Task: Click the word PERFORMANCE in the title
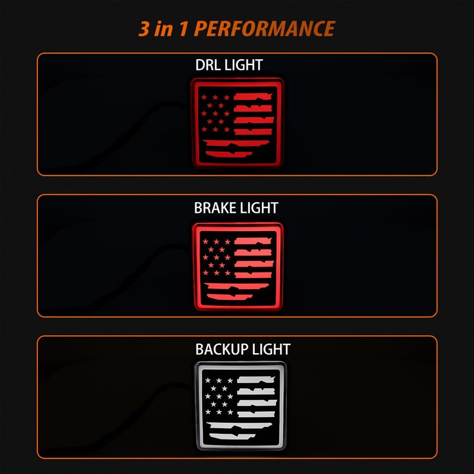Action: tap(264, 28)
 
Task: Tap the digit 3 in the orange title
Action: tap(145, 28)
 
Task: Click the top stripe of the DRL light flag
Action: tap(253, 97)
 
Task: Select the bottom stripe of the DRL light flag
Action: tap(229, 154)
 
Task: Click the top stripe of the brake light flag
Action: tap(253, 241)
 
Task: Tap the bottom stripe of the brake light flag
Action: tap(230, 297)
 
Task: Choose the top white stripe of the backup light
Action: tap(256, 380)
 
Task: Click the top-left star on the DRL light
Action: tap(204, 97)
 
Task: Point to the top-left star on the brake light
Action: tap(206, 241)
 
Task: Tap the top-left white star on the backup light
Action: tap(208, 380)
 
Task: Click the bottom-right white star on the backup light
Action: tap(230, 412)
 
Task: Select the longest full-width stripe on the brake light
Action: tap(236, 286)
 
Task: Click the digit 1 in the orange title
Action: tap(184, 28)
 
